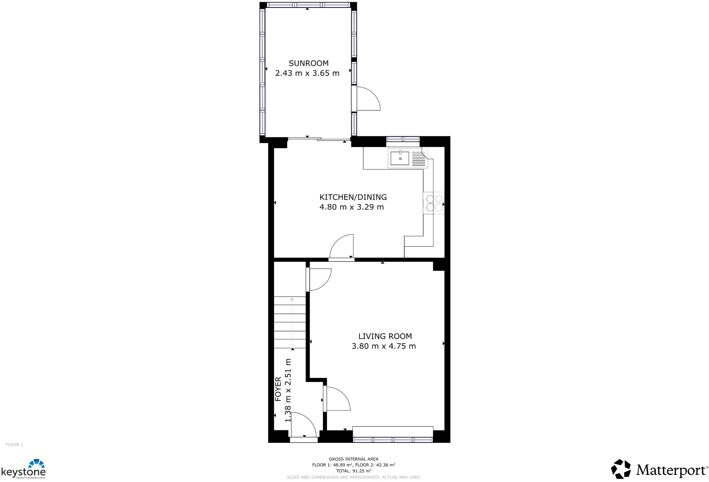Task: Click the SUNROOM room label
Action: pos(308,63)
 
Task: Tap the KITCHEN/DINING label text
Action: pos(353,197)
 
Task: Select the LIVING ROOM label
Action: pos(385,336)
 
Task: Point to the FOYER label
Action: pos(278,389)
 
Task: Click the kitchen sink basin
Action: pos(400,158)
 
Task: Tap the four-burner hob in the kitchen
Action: pos(434,203)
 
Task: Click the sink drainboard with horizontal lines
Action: pos(418,159)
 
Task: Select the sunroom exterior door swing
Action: pos(367,99)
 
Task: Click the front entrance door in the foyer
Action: pos(303,427)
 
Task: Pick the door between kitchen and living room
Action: pos(342,247)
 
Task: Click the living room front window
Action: pos(393,440)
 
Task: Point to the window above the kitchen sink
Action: pos(403,139)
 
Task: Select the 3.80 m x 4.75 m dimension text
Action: pos(384,346)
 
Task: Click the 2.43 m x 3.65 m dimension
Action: pos(307,74)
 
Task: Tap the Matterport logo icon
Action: pos(621,469)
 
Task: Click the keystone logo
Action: pos(24,469)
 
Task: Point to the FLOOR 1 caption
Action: pos(14,445)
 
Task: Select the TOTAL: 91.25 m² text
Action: pos(354,471)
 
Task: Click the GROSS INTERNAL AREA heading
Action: pos(354,459)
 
